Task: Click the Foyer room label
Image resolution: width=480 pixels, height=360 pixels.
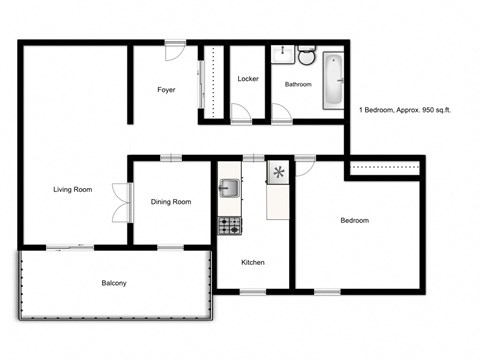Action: point(166,90)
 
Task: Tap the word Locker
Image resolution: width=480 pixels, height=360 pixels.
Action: point(248,79)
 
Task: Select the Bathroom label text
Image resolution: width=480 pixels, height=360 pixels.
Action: point(298,85)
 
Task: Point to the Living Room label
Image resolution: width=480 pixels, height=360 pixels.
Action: point(73,189)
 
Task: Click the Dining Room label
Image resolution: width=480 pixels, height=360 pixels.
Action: point(171,202)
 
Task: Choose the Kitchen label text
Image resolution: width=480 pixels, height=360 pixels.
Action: point(253,262)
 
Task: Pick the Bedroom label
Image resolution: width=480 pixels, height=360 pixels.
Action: point(354,221)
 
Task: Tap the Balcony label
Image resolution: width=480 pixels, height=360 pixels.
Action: point(114,284)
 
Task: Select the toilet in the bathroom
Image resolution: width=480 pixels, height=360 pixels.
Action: point(306,55)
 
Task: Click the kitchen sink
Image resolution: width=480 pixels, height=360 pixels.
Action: point(229,187)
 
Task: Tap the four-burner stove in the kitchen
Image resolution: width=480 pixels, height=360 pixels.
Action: point(229,225)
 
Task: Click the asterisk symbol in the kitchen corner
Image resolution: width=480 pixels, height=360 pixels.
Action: point(278,173)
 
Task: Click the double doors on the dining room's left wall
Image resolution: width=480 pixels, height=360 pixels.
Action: point(121,201)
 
